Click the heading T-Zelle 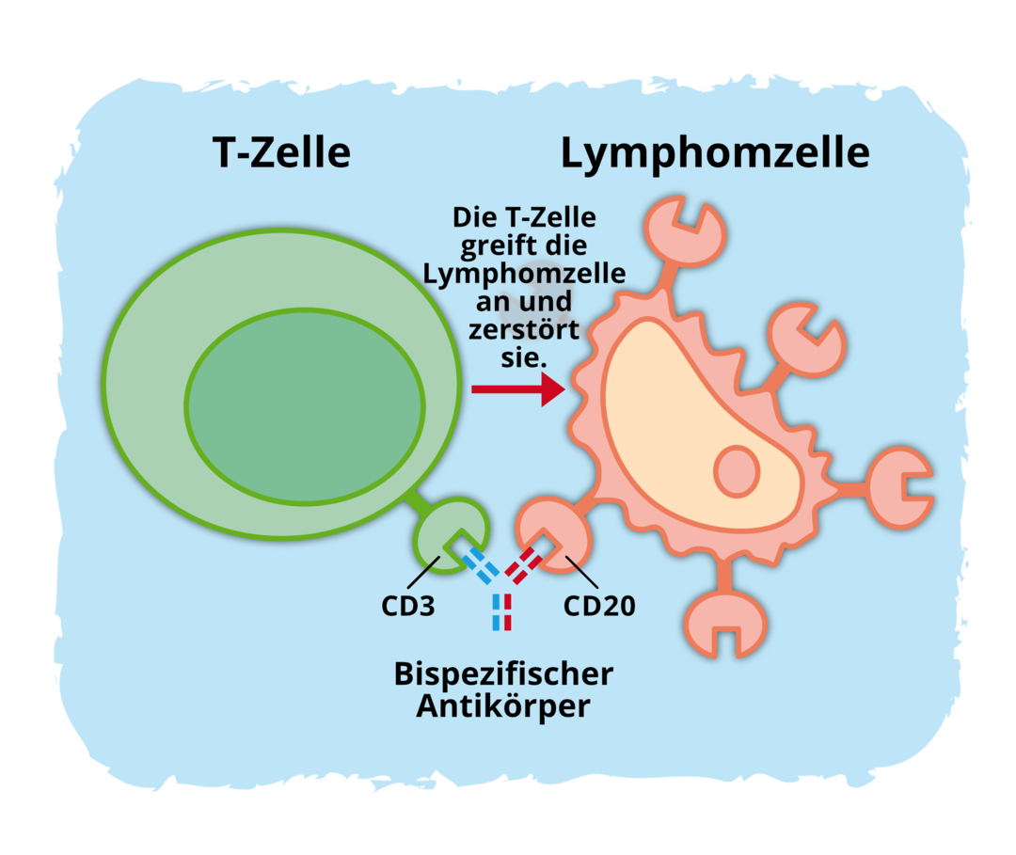[x=282, y=152]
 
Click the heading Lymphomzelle [x=715, y=152]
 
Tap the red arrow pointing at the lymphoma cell [x=516, y=388]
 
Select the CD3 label [x=408, y=604]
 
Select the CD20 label [x=599, y=604]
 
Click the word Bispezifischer [x=503, y=673]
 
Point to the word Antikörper [x=503, y=705]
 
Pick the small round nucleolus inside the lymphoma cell [x=737, y=470]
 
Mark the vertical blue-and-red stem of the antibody [x=501, y=612]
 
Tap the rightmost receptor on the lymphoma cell [x=898, y=487]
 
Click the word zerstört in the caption [x=524, y=330]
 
